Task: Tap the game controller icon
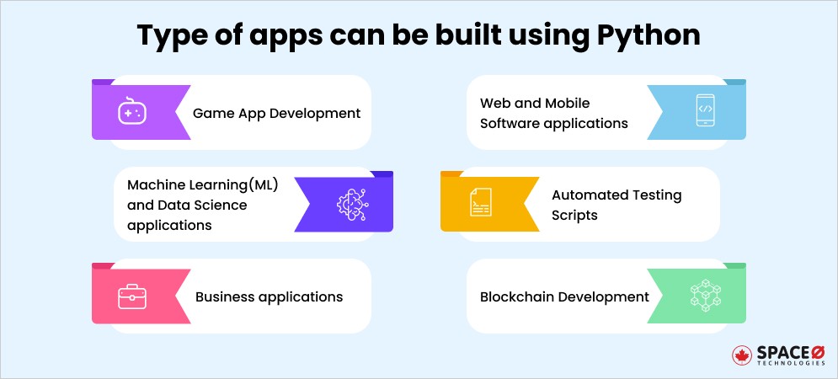[131, 112]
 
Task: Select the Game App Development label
[276, 113]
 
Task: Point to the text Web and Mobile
[535, 103]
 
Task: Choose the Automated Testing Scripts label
[616, 205]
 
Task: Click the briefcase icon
[131, 296]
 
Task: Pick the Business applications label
[269, 296]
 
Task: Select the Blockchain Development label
[564, 296]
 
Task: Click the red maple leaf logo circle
[742, 355]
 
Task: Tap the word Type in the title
[167, 35]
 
